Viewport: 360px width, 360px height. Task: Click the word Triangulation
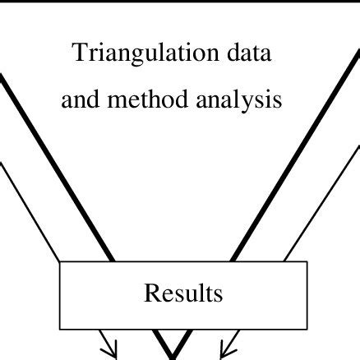(x=145, y=53)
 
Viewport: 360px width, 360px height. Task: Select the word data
(x=249, y=53)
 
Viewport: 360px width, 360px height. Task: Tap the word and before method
(x=81, y=99)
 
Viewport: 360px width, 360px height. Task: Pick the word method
(x=148, y=99)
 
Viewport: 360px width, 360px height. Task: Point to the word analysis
(x=239, y=100)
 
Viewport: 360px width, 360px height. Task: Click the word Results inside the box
(x=183, y=293)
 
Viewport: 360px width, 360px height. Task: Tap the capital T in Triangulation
(x=79, y=53)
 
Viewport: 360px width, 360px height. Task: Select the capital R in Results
(x=151, y=293)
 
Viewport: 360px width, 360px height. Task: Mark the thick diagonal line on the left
(x=56, y=167)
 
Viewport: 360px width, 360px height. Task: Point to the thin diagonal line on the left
(x=30, y=212)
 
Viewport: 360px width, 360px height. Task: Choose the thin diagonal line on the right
(x=322, y=203)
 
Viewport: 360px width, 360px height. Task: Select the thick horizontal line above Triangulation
(x=180, y=1)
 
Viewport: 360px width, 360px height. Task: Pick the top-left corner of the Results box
(x=60, y=261)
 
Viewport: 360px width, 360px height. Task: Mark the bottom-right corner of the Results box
(x=307, y=329)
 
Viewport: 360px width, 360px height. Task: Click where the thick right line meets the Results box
(x=233, y=261)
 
